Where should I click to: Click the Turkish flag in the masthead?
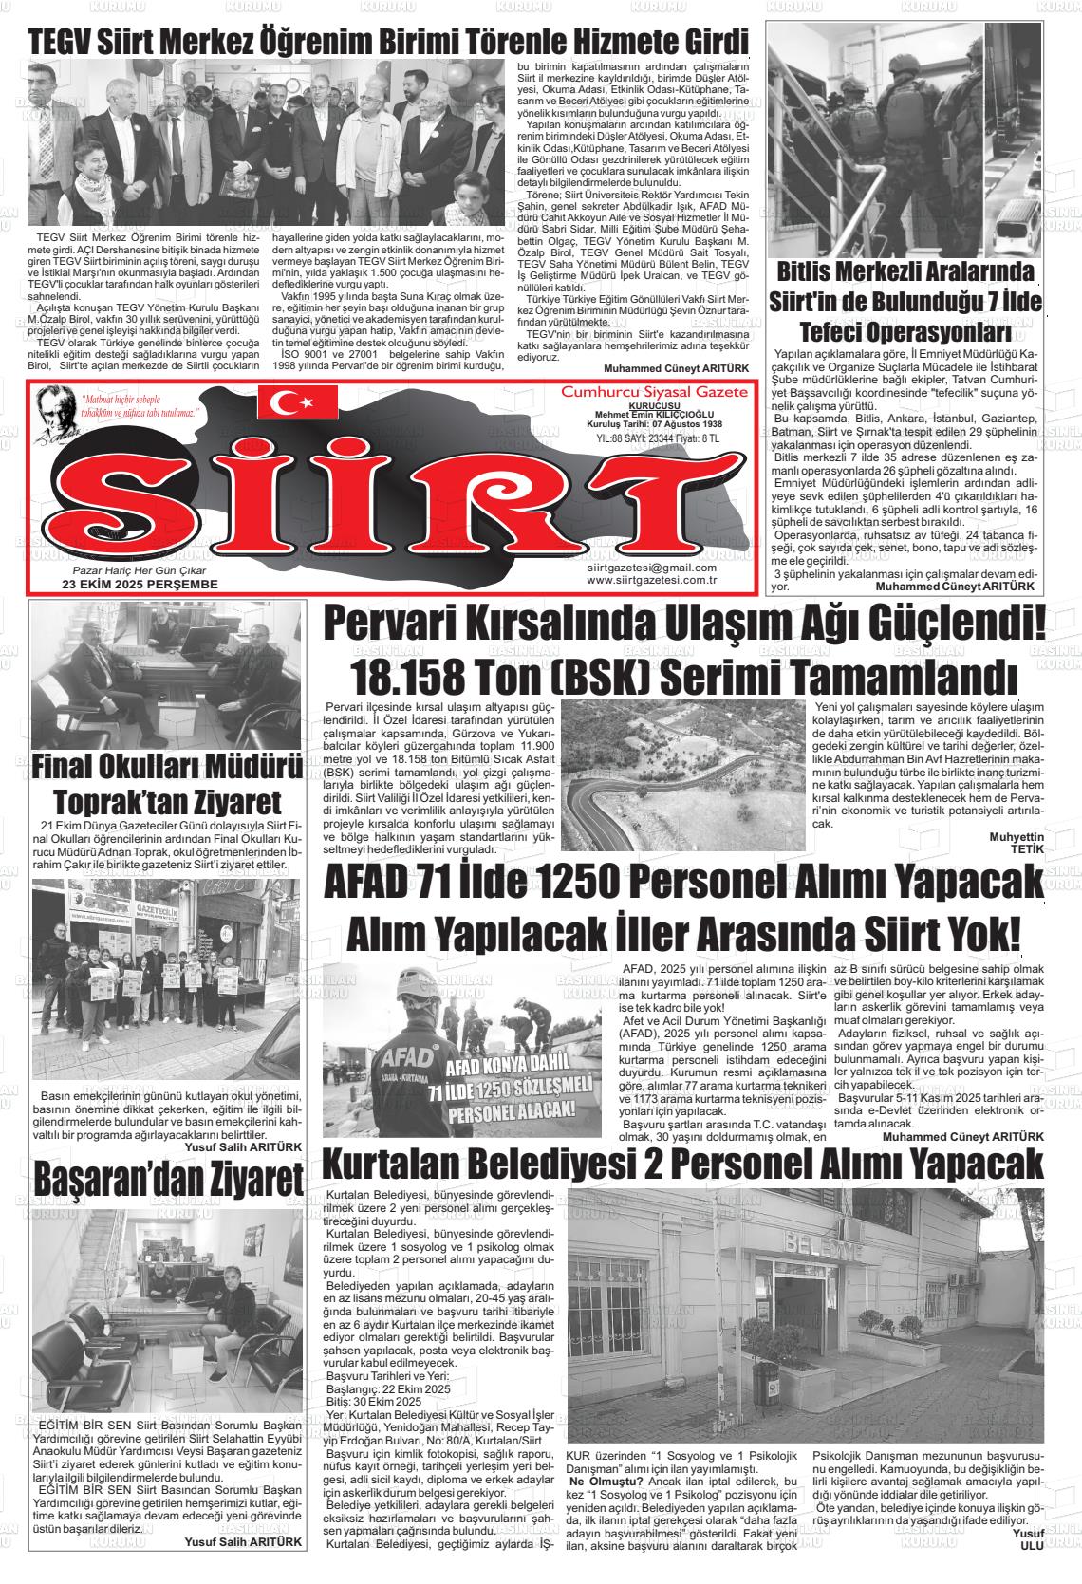(x=297, y=402)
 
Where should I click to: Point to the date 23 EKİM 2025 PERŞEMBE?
(x=140, y=584)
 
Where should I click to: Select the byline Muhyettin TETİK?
(x=1016, y=843)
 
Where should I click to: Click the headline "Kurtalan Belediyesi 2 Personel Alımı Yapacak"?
(x=681, y=1162)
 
